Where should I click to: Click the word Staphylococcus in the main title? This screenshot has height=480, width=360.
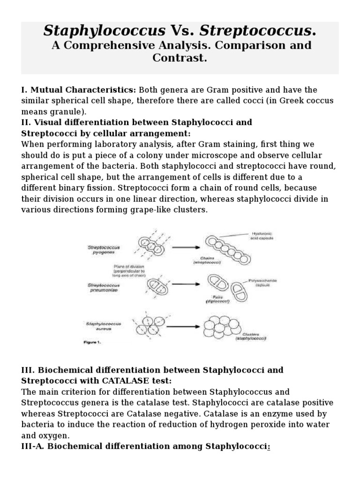tap(104, 31)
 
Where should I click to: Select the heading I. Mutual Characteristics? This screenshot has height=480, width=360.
tap(78, 90)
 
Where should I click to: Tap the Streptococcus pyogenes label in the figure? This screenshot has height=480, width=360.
tap(105, 249)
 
